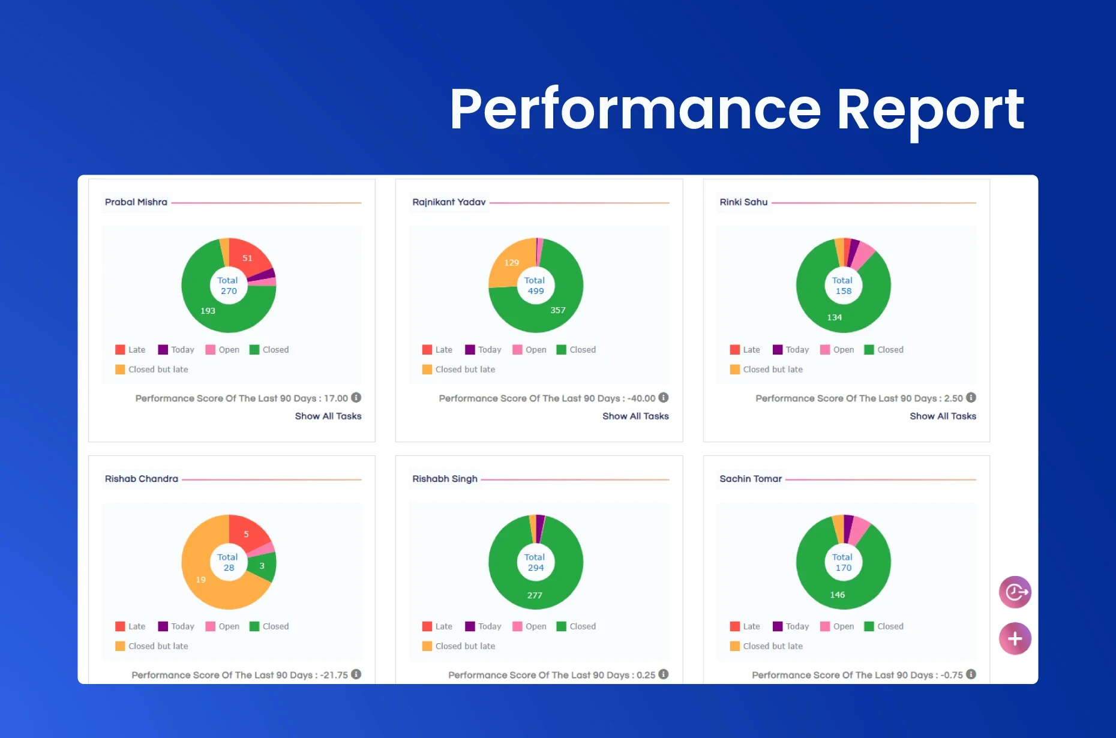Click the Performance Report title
tap(737, 109)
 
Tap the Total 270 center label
tap(228, 286)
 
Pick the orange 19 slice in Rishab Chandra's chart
tap(200, 579)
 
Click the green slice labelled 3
tap(262, 566)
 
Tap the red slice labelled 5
tap(246, 534)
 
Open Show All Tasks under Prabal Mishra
tap(328, 416)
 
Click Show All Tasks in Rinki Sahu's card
tap(943, 416)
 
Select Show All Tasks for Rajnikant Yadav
tap(635, 416)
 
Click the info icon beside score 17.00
tap(356, 397)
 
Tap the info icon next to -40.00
tap(664, 397)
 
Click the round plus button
tap(1015, 638)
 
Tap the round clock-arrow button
tap(1015, 592)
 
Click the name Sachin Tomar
tap(751, 479)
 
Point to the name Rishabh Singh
tap(445, 479)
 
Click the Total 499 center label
tap(535, 286)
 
